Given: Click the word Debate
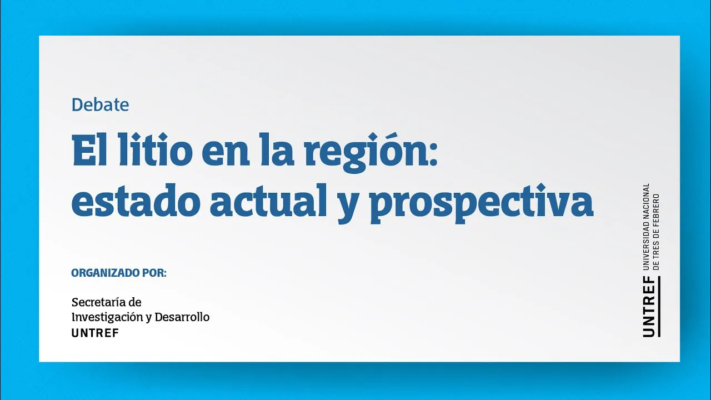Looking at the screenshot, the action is click(101, 105).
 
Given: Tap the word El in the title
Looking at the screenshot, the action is click(89, 149).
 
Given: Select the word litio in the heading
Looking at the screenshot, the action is click(156, 149).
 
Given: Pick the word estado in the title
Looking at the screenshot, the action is click(136, 201).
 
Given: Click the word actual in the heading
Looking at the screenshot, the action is click(268, 201).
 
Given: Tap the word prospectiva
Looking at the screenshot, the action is click(482, 204).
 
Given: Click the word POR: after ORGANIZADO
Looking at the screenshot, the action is click(154, 273).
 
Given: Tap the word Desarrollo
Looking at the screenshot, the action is click(182, 317).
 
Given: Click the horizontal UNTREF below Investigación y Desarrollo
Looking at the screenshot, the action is click(95, 333).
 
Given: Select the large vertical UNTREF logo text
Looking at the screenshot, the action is click(648, 307).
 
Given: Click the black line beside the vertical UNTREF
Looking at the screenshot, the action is click(659, 307).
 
